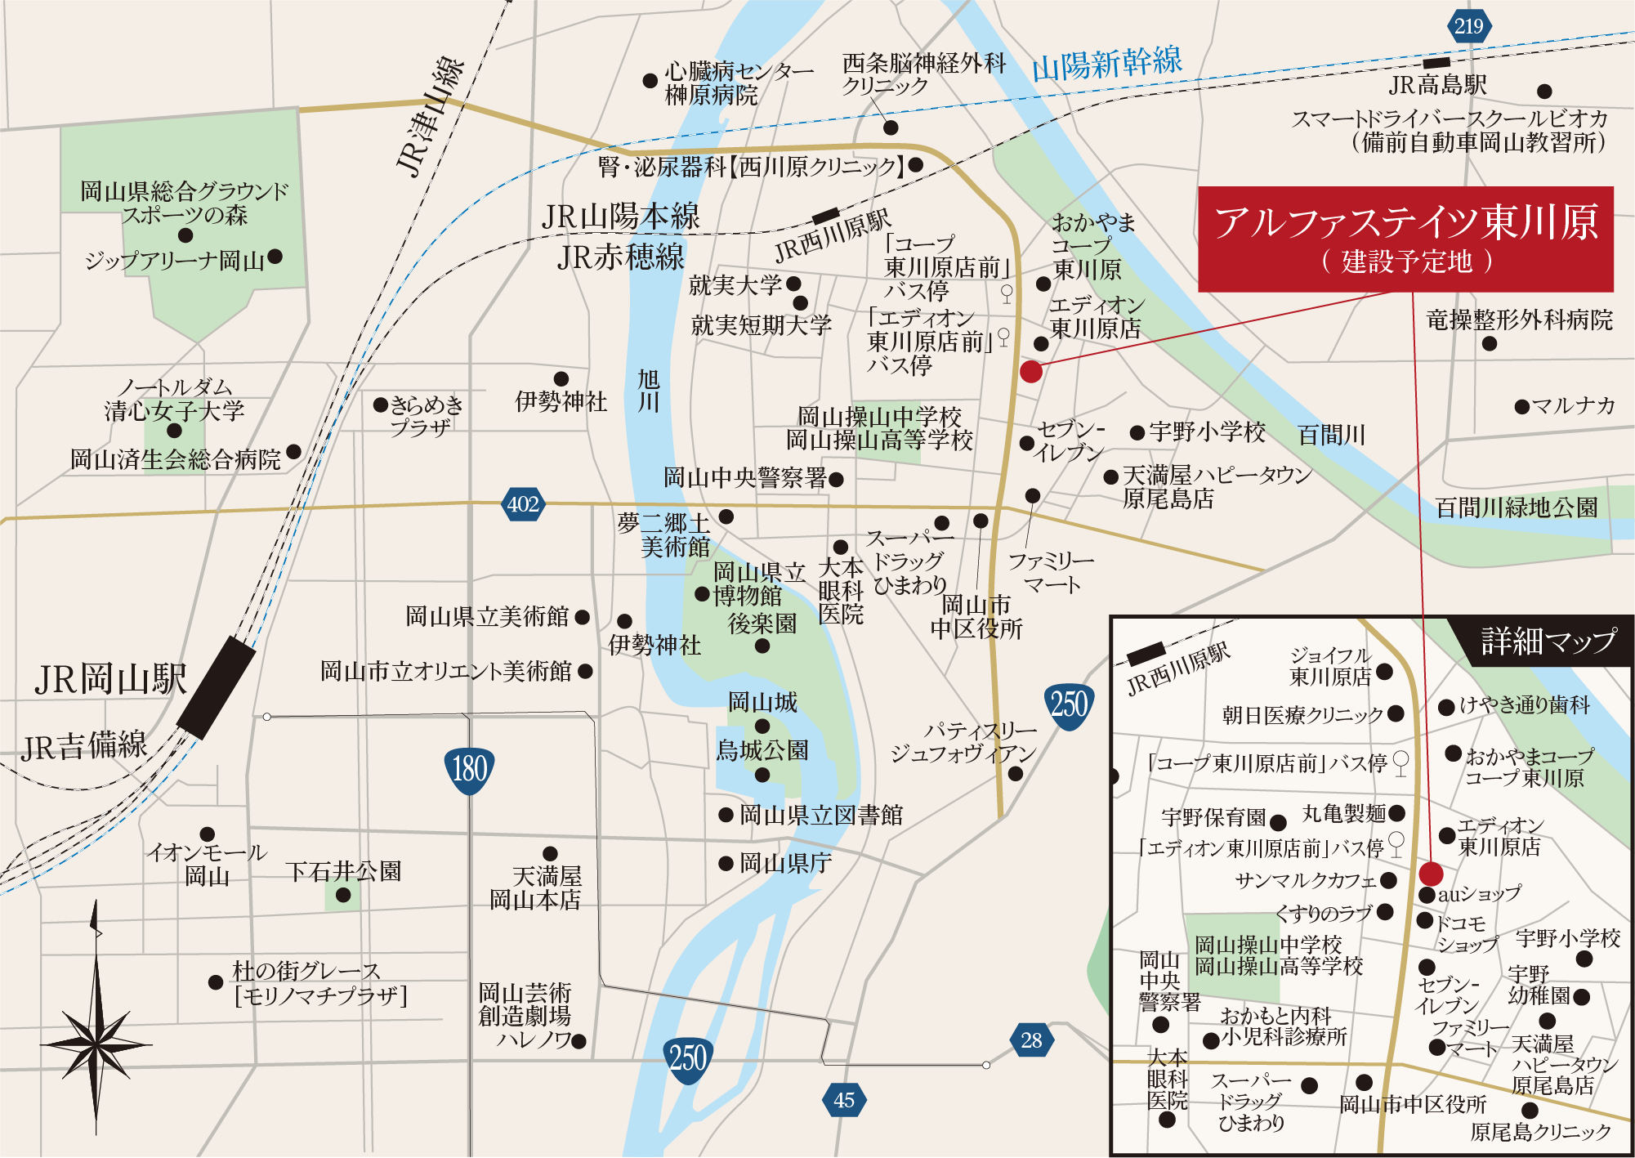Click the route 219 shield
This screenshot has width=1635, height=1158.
tap(1468, 26)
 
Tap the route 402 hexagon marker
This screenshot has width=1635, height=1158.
tap(523, 503)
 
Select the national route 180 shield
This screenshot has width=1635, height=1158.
tap(470, 769)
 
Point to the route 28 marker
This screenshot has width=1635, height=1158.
tap(1031, 1040)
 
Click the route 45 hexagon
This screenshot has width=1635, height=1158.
tap(844, 1100)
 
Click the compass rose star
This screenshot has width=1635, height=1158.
tap(96, 1044)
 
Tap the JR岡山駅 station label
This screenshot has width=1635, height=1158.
tap(111, 679)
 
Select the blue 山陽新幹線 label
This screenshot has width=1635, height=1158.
tap(1106, 64)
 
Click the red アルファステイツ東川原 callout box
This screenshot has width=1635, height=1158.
tap(1405, 239)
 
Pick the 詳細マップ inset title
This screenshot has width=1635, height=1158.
tap(1548, 641)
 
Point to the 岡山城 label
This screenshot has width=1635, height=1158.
tap(762, 702)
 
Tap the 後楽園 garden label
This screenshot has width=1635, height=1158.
tap(762, 624)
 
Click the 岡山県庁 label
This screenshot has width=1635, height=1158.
tap(785, 863)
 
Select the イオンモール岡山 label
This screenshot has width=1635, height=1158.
tap(207, 864)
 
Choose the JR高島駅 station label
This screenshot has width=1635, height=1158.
tap(1438, 85)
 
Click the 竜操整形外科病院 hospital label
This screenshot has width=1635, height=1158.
tap(1519, 320)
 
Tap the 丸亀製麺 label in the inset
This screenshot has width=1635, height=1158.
tap(1344, 813)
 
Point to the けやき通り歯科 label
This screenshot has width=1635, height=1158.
tap(1525, 704)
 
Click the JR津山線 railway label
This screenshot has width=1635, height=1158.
tap(430, 116)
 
